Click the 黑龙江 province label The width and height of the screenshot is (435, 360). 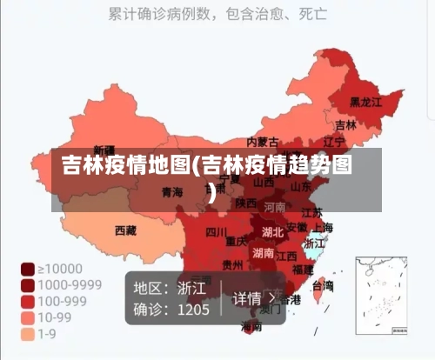pyautogui.click(x=365, y=102)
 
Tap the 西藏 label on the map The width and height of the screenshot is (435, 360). pyautogui.click(x=125, y=230)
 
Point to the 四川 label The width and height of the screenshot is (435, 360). pyautogui.click(x=217, y=232)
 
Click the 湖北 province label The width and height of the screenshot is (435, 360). pyautogui.click(x=272, y=231)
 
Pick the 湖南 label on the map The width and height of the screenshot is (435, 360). pyautogui.click(x=263, y=253)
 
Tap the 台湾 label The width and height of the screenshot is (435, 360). pyautogui.click(x=322, y=284)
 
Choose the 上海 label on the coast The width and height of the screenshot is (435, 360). pyautogui.click(x=323, y=228)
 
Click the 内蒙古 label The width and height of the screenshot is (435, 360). pyautogui.click(x=263, y=142)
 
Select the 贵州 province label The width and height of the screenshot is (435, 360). pyautogui.click(x=232, y=265)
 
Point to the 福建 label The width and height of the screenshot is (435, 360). pyautogui.click(x=303, y=270)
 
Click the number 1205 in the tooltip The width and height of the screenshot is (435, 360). pyautogui.click(x=193, y=309)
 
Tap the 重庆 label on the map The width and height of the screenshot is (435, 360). pyautogui.click(x=237, y=241)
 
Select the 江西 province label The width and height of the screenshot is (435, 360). pyautogui.click(x=287, y=256)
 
